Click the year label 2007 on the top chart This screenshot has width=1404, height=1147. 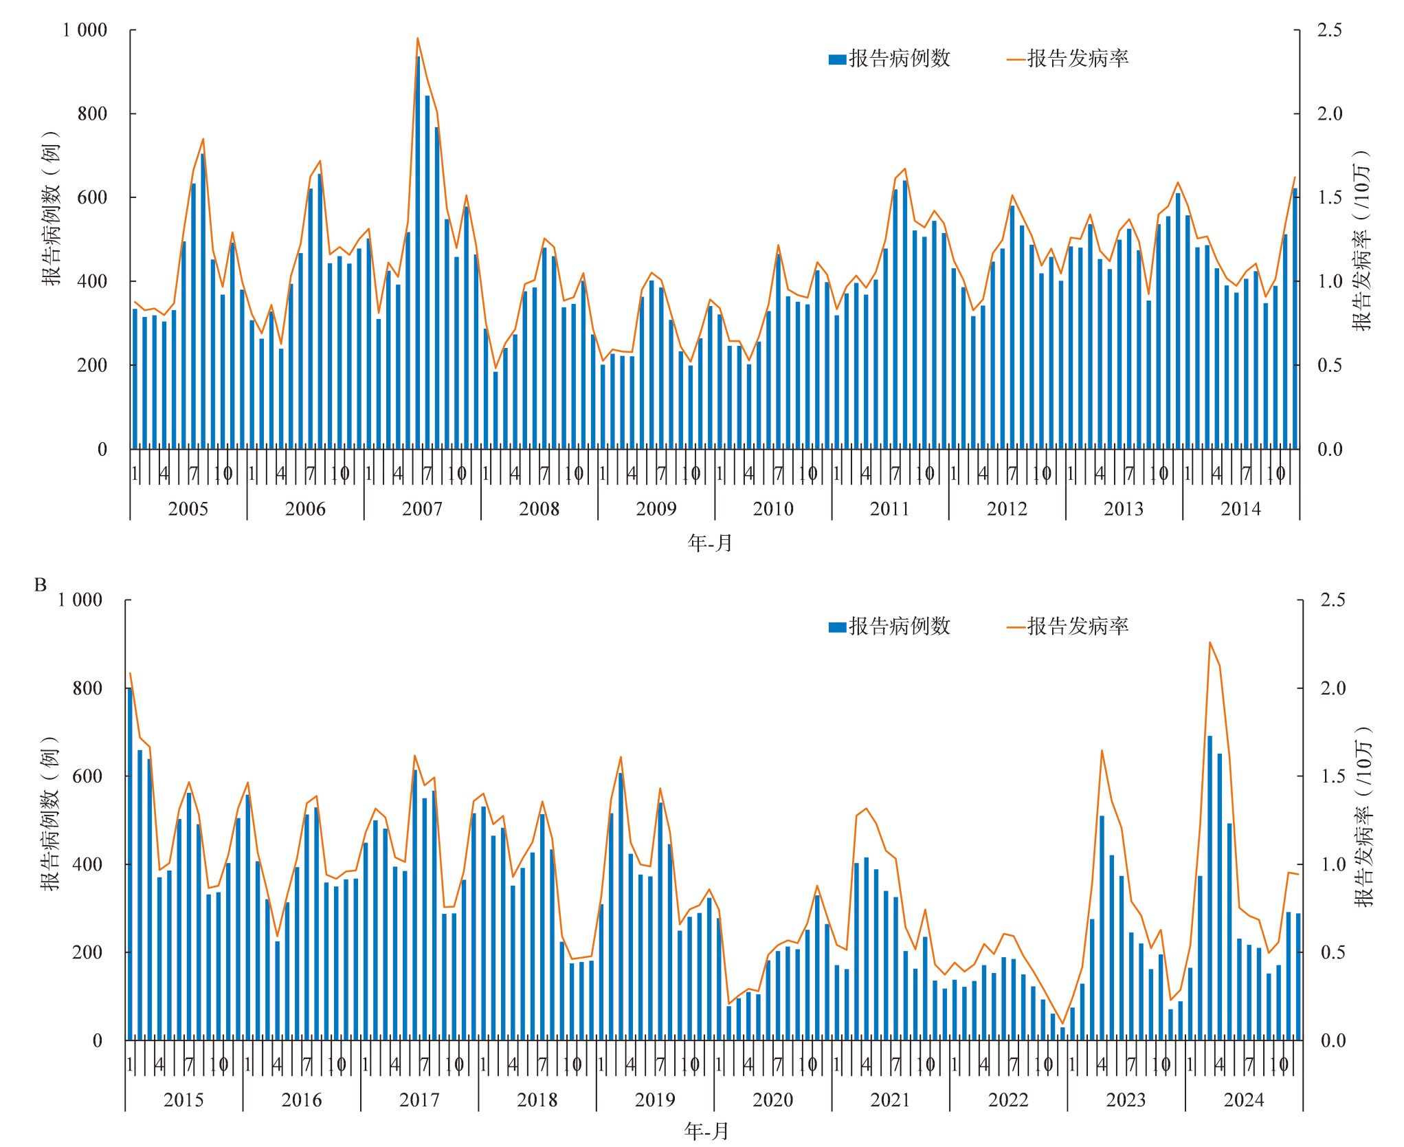(x=422, y=509)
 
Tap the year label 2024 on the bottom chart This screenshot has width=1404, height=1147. (x=1243, y=1100)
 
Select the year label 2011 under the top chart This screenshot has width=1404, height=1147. (x=889, y=509)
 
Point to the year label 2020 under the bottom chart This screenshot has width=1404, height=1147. (x=772, y=1100)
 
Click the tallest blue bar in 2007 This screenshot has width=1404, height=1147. (x=418, y=254)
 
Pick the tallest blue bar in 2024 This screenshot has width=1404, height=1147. (x=1210, y=887)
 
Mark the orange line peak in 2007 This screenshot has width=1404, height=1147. (x=417, y=39)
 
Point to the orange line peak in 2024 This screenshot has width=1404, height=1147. (x=1210, y=642)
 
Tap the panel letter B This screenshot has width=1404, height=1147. (x=41, y=585)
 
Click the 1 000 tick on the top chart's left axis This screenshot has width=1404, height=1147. (x=85, y=30)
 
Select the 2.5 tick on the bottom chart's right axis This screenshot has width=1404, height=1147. (x=1333, y=600)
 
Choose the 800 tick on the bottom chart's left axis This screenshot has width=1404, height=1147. (x=87, y=688)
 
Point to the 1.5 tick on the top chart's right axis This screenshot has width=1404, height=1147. (x=1329, y=197)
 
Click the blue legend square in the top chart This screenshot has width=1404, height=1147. (x=837, y=59)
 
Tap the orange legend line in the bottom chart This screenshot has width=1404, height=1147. (x=1016, y=627)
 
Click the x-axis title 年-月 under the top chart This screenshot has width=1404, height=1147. (x=710, y=543)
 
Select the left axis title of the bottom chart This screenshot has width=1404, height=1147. (x=50, y=814)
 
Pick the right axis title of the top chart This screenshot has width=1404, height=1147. (x=1361, y=241)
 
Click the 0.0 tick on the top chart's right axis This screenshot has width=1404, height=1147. (x=1329, y=450)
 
